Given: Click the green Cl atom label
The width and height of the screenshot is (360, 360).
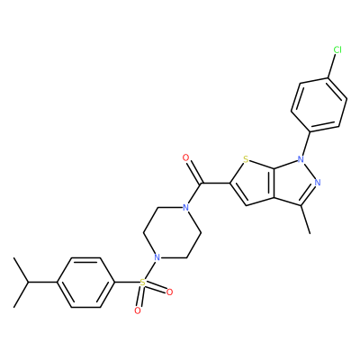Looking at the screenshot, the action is (337, 50).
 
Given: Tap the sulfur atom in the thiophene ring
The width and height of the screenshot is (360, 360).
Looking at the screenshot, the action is (246, 159).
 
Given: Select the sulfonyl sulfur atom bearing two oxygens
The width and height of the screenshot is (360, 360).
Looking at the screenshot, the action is (143, 283).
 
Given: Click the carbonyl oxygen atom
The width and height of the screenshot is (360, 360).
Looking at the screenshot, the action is (186, 157).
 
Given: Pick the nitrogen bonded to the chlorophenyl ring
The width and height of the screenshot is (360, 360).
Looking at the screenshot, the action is (301, 157).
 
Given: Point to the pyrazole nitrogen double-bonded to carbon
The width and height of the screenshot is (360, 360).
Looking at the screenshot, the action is (318, 182).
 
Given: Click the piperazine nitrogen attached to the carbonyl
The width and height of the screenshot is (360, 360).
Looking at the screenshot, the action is (186, 207).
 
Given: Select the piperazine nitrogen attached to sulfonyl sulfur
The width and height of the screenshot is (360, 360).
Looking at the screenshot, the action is (157, 257).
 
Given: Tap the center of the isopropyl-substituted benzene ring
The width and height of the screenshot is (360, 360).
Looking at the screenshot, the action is (85, 283).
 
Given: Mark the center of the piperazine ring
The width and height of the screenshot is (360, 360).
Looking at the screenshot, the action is (172, 232).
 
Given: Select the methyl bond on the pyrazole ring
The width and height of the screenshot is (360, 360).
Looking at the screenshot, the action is (306, 220).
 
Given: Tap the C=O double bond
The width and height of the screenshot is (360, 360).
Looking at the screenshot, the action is (194, 171).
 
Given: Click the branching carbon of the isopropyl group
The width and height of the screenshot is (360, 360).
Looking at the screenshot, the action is (29, 283).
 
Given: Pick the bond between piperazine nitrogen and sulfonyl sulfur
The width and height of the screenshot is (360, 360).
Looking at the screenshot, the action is (150, 270).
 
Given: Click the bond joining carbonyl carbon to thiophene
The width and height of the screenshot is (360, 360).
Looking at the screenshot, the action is (215, 183).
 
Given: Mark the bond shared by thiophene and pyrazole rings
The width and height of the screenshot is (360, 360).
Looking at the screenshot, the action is (274, 183).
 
